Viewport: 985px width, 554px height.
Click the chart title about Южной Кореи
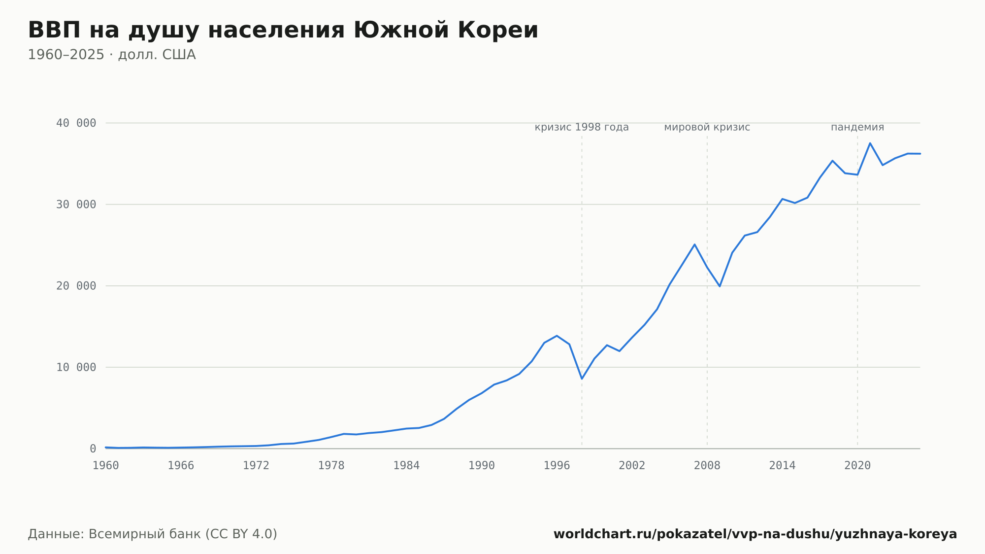(x=283, y=31)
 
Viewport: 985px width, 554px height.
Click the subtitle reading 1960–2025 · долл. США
(x=112, y=55)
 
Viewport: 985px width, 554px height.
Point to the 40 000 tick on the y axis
(x=76, y=123)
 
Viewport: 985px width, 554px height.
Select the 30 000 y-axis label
(x=76, y=205)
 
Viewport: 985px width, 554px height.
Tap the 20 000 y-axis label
(x=76, y=286)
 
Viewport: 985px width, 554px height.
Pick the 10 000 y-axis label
(x=76, y=367)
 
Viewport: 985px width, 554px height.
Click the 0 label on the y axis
(x=93, y=449)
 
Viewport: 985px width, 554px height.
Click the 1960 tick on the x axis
(x=106, y=466)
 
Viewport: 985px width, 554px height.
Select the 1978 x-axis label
(x=331, y=466)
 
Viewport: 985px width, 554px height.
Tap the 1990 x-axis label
(x=482, y=466)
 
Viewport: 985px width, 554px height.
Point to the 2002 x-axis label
(x=632, y=466)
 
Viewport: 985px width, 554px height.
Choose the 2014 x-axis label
(x=782, y=466)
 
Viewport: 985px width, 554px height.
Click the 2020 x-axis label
(x=857, y=466)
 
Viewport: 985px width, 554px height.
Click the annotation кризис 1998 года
(x=582, y=127)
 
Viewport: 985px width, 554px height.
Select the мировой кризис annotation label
(x=707, y=127)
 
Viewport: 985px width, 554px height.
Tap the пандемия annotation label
(x=857, y=127)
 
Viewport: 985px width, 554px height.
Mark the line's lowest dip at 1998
(x=582, y=379)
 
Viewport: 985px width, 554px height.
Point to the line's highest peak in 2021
(x=870, y=143)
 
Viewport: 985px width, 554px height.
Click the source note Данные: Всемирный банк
(x=153, y=534)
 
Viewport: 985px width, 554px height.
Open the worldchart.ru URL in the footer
(x=755, y=534)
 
